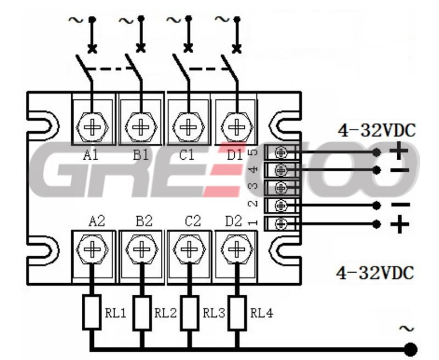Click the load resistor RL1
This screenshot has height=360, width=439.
(x=91, y=313)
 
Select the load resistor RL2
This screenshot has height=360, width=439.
(x=142, y=313)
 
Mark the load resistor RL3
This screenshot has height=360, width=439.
(x=189, y=313)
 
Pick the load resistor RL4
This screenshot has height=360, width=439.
(x=237, y=313)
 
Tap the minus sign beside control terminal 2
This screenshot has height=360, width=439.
(x=399, y=205)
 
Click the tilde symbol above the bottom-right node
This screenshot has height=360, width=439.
(x=408, y=329)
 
